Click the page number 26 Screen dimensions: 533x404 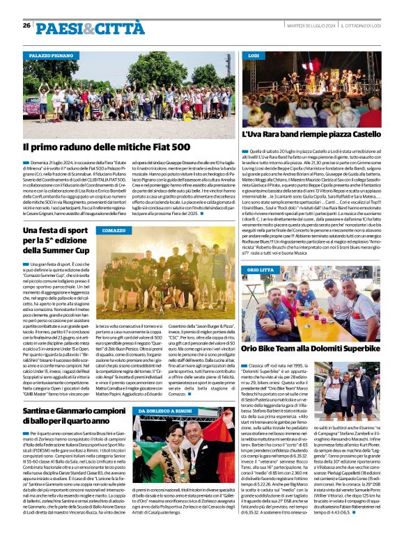tap(26, 25)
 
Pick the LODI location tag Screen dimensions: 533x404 tap(254, 54)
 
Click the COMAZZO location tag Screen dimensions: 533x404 tap(114, 230)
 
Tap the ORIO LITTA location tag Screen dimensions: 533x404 tap(261, 269)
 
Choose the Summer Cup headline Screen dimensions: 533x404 tap(56, 239)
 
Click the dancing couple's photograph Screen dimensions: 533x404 tap(178, 456)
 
